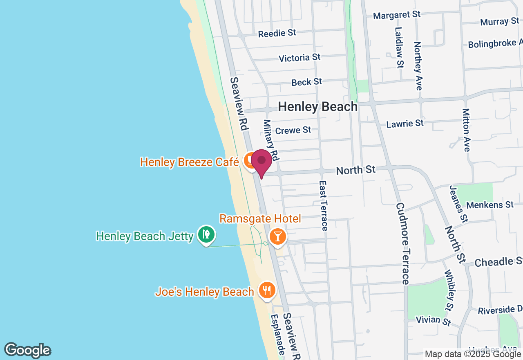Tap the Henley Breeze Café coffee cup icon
click(249, 160)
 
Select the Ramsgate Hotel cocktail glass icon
click(278, 236)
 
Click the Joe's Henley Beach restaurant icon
click(267, 290)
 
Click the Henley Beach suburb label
click(317, 107)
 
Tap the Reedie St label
click(277, 33)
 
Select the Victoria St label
click(299, 58)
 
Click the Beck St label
click(306, 82)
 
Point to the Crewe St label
click(293, 130)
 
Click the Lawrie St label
click(405, 123)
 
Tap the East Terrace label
click(323, 206)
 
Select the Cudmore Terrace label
click(402, 243)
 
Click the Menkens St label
click(489, 205)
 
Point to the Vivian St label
click(433, 320)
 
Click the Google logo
click(27, 350)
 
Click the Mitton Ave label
click(466, 130)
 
